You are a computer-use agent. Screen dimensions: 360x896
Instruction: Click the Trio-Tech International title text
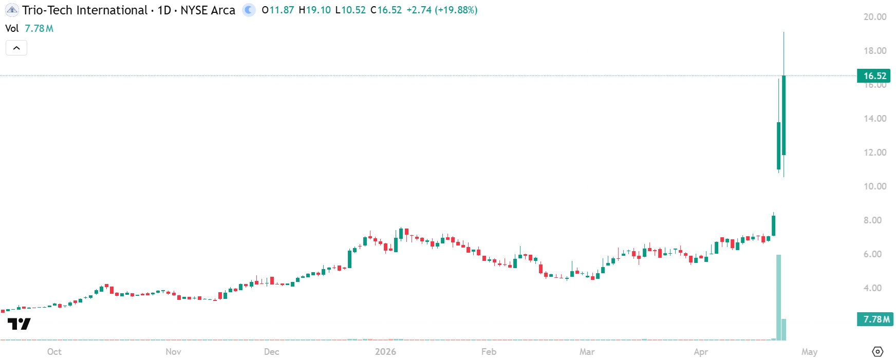pos(85,10)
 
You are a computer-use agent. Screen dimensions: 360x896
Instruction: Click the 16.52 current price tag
pos(874,76)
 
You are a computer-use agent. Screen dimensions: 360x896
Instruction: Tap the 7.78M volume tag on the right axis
pos(875,319)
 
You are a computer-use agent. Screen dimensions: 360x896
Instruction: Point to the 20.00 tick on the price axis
pos(874,17)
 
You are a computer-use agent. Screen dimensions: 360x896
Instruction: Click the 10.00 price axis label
pos(874,186)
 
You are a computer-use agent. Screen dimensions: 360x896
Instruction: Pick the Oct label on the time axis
pos(54,352)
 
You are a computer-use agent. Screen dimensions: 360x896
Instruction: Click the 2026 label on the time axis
pos(385,352)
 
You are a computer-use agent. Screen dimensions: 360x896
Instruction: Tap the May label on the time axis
pos(809,352)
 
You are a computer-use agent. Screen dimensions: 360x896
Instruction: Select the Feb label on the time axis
pos(489,352)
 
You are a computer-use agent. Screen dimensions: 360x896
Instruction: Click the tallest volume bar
pos(778,297)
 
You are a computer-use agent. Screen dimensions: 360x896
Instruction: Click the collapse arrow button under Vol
pos(16,48)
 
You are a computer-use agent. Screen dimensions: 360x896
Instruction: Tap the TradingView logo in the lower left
pos(19,324)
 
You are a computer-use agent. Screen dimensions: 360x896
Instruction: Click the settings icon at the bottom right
pos(878,352)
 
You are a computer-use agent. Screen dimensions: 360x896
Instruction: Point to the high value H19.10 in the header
pos(314,10)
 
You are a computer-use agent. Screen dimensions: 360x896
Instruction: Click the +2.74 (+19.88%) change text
pos(442,10)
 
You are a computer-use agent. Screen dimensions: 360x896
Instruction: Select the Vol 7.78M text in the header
pos(29,29)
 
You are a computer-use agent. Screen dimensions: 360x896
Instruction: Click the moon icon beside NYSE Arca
pos(249,10)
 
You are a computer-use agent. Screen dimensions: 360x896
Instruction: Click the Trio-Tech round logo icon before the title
pos(12,10)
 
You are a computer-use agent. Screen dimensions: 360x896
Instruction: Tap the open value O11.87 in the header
pos(277,10)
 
